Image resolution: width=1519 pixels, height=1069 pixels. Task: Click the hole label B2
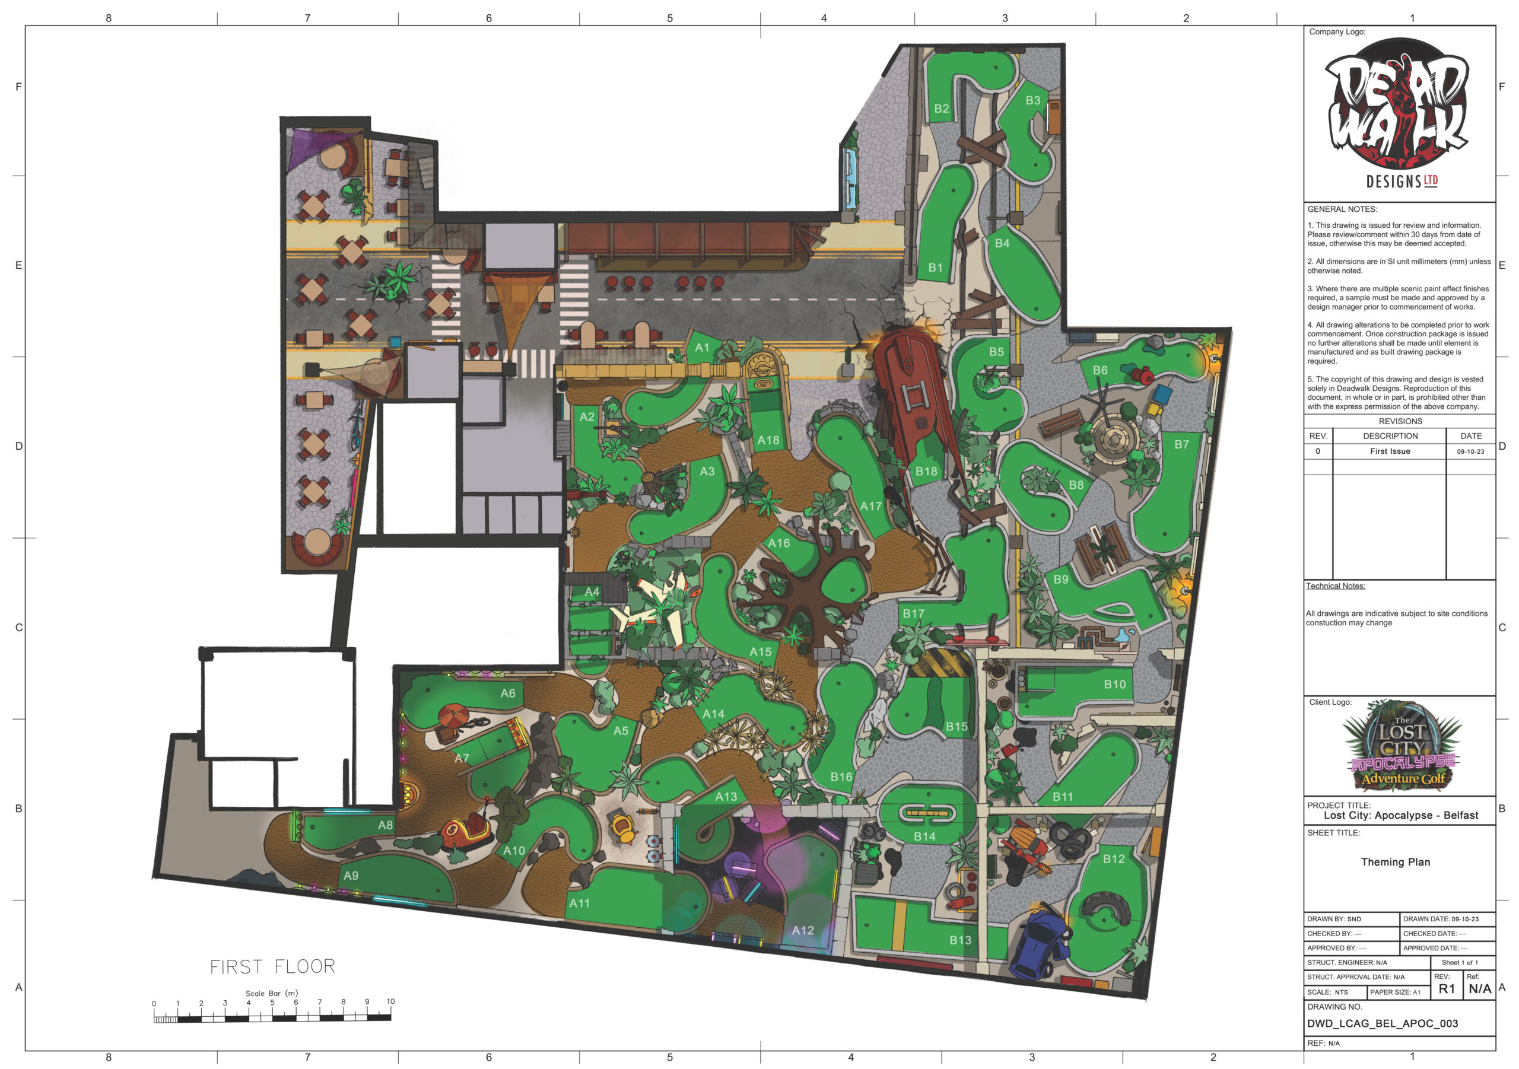click(942, 109)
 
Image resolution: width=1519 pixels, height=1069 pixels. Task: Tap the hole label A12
click(803, 930)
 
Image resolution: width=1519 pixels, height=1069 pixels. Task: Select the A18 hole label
click(768, 440)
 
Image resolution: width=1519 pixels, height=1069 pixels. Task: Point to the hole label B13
click(961, 940)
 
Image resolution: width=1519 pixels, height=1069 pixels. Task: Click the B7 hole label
click(1181, 444)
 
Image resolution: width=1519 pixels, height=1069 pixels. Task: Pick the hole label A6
click(507, 693)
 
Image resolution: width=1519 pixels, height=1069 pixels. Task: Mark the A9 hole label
click(351, 876)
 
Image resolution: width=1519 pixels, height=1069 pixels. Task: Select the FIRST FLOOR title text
click(272, 966)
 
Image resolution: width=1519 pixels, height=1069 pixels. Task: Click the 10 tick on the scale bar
click(390, 1001)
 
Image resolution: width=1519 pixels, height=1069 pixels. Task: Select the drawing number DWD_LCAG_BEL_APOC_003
click(1382, 1023)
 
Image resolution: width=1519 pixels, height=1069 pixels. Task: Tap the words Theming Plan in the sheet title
click(1395, 862)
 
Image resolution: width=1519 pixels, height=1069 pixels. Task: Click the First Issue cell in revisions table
click(1390, 451)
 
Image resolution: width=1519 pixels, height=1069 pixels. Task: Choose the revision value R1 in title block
click(1447, 989)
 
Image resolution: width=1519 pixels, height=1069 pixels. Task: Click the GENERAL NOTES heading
click(1342, 209)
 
